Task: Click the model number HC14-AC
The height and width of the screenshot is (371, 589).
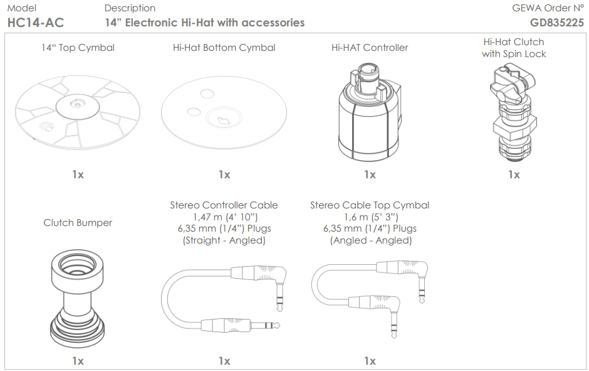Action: pyautogui.click(x=35, y=23)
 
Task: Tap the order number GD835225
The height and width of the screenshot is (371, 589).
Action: pyautogui.click(x=556, y=23)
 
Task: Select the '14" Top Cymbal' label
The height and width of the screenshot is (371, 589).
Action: pyautogui.click(x=78, y=48)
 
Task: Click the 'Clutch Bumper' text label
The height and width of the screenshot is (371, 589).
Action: pyautogui.click(x=78, y=223)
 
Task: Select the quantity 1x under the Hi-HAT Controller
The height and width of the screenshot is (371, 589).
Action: pyautogui.click(x=370, y=175)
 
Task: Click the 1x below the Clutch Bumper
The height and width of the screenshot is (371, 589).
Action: pyautogui.click(x=78, y=361)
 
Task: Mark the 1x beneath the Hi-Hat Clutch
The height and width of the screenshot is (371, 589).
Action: pyautogui.click(x=514, y=175)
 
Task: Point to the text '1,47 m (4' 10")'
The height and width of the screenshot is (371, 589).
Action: pyautogui.click(x=224, y=217)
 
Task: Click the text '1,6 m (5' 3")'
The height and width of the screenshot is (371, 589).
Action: pyautogui.click(x=370, y=217)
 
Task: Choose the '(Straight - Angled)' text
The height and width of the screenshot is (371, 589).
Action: pyautogui.click(x=224, y=240)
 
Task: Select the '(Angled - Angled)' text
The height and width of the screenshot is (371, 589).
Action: pyautogui.click(x=370, y=240)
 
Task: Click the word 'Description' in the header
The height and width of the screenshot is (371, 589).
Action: pyautogui.click(x=130, y=8)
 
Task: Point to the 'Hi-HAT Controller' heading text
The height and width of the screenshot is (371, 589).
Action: pyautogui.click(x=370, y=48)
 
